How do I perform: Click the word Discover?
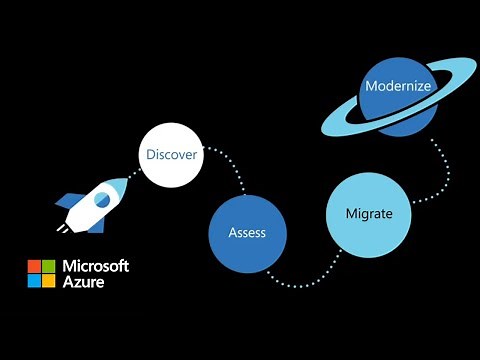171,155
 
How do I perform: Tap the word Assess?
246,233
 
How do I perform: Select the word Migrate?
368,214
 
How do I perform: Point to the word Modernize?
397,86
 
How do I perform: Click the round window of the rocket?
101,200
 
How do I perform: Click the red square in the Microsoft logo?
34,266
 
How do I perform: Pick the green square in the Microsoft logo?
48,266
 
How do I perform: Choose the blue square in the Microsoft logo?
34,280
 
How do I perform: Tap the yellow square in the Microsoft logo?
48,280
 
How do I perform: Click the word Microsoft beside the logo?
96,266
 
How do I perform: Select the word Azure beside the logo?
84,282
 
